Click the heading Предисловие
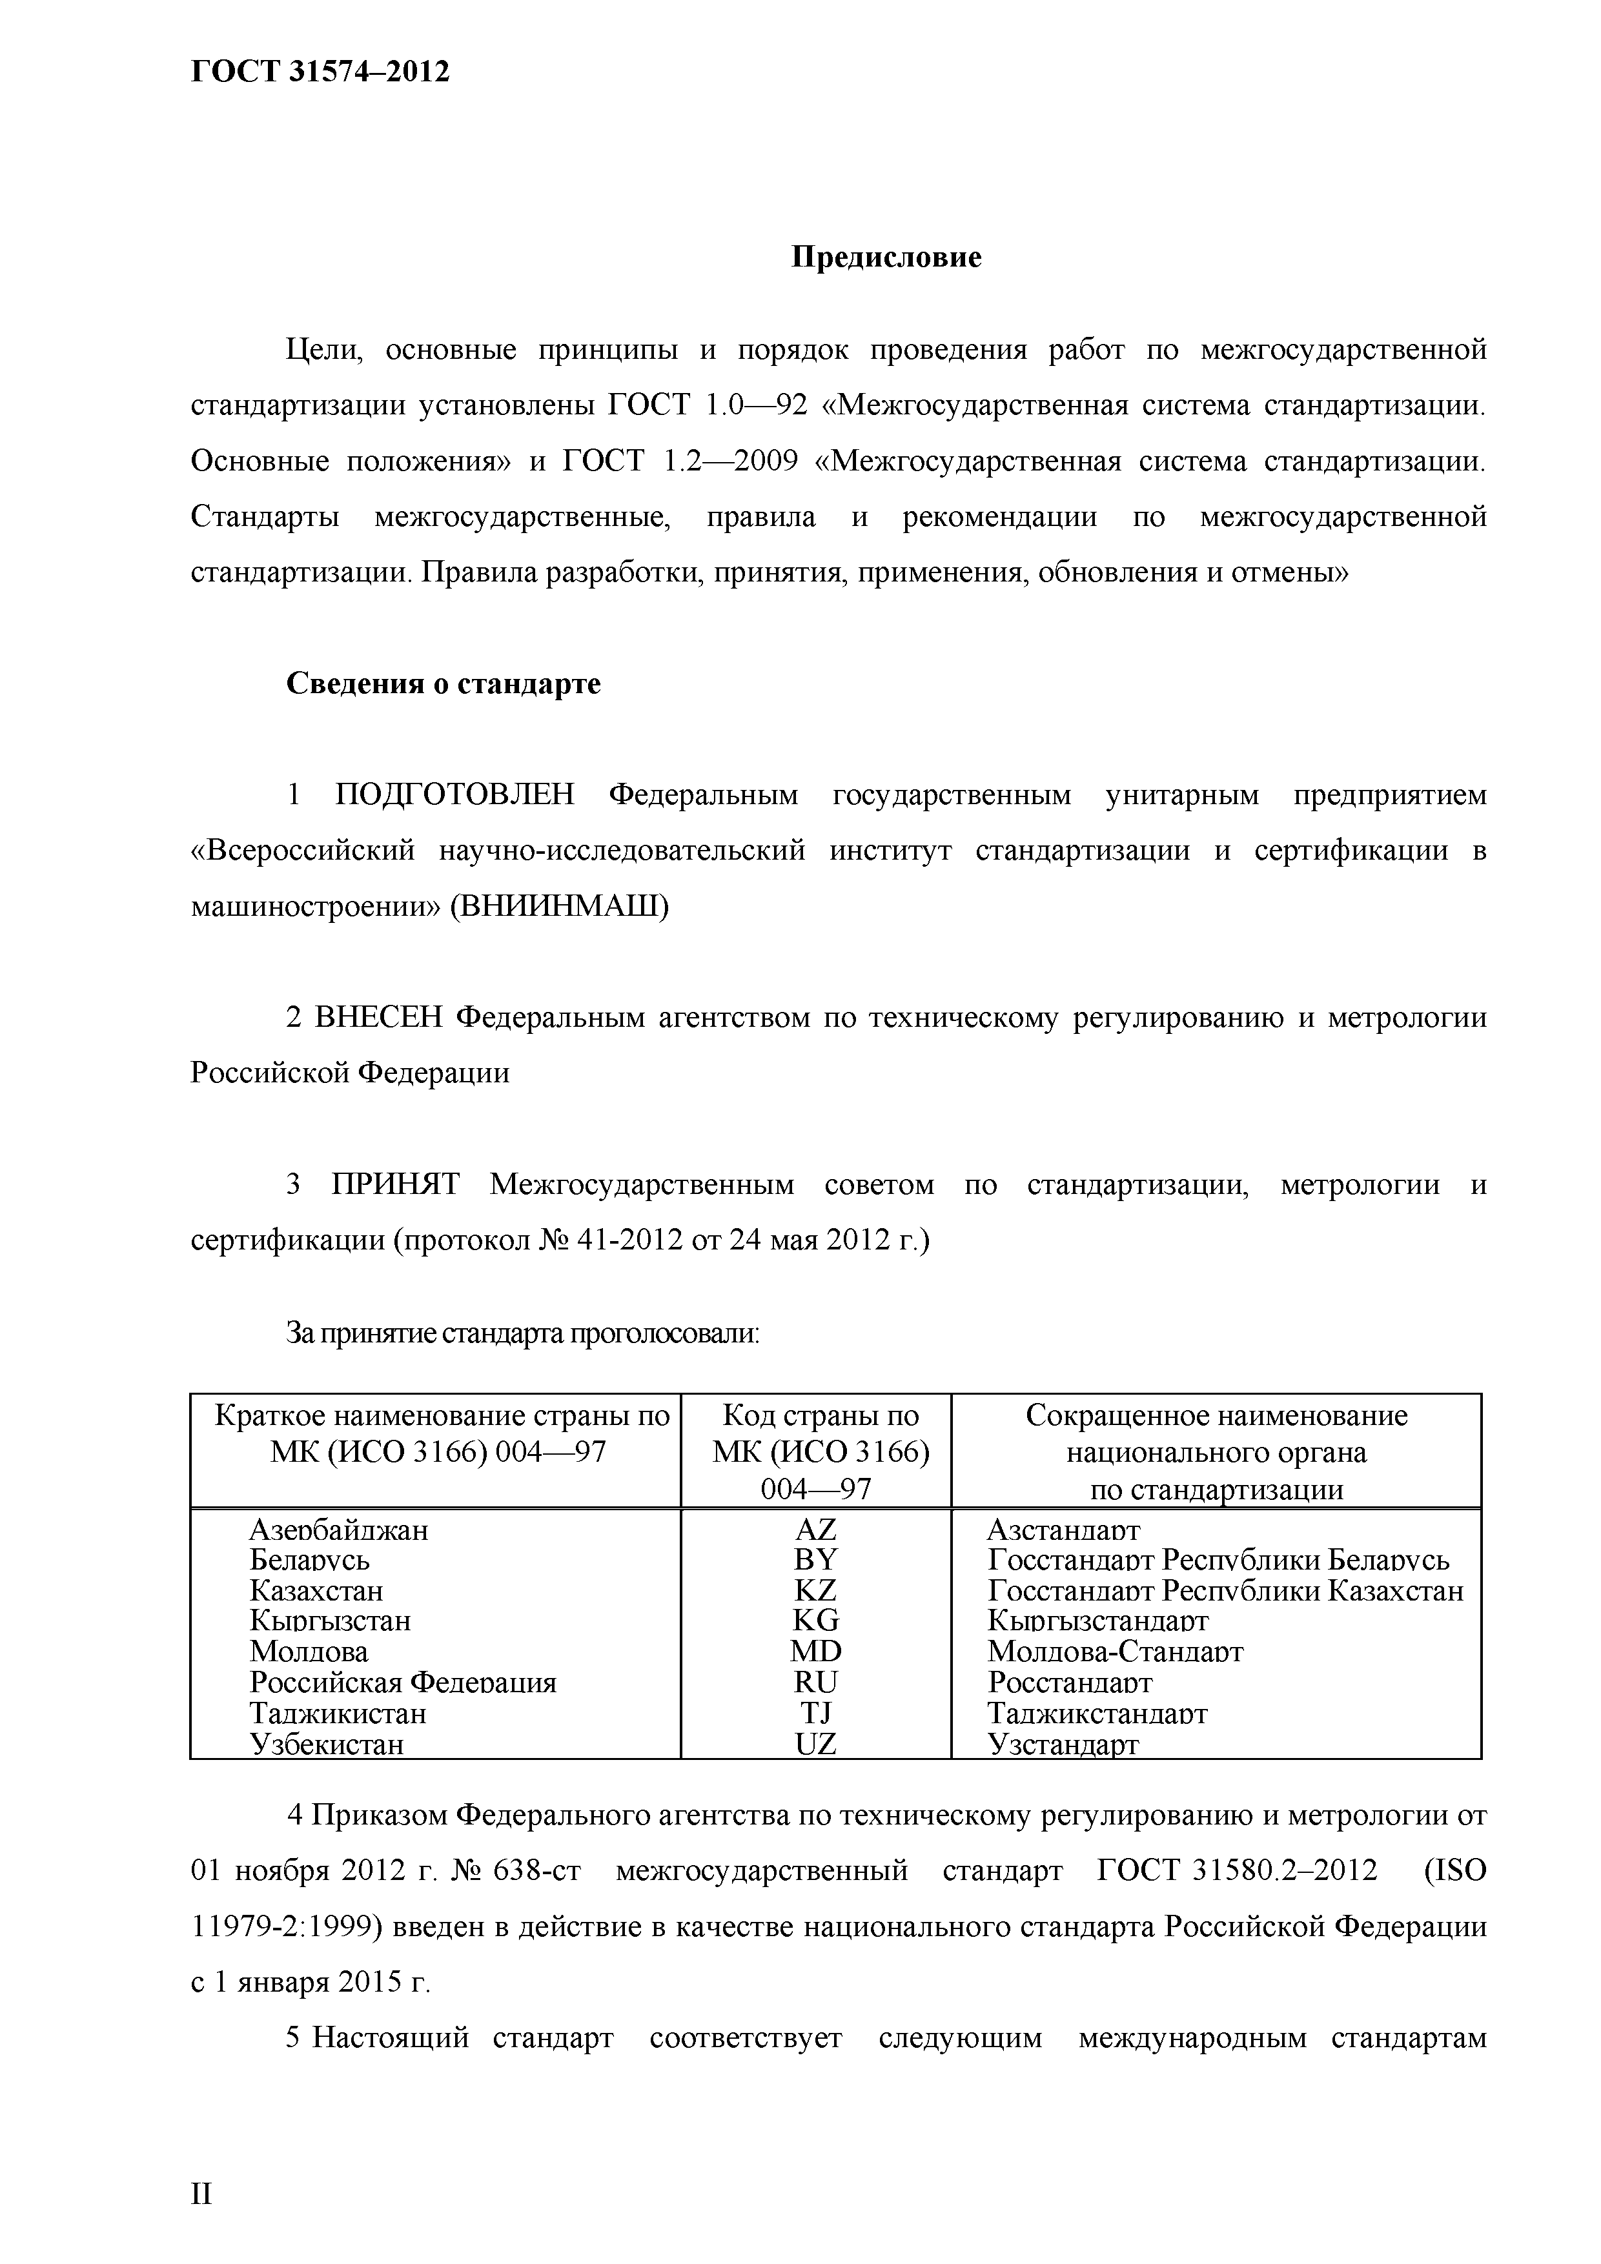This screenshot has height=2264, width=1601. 886,258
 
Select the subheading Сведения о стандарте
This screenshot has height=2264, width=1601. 443,683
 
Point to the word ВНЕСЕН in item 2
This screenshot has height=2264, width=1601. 378,1016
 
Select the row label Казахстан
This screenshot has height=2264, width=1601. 316,1590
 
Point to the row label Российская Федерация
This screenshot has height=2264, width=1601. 402,1683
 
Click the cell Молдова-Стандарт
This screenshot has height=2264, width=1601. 1115,1651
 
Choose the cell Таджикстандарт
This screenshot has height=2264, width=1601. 1097,1713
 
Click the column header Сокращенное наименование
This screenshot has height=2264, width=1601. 1216,1416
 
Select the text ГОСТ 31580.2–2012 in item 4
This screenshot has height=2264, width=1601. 1237,1870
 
